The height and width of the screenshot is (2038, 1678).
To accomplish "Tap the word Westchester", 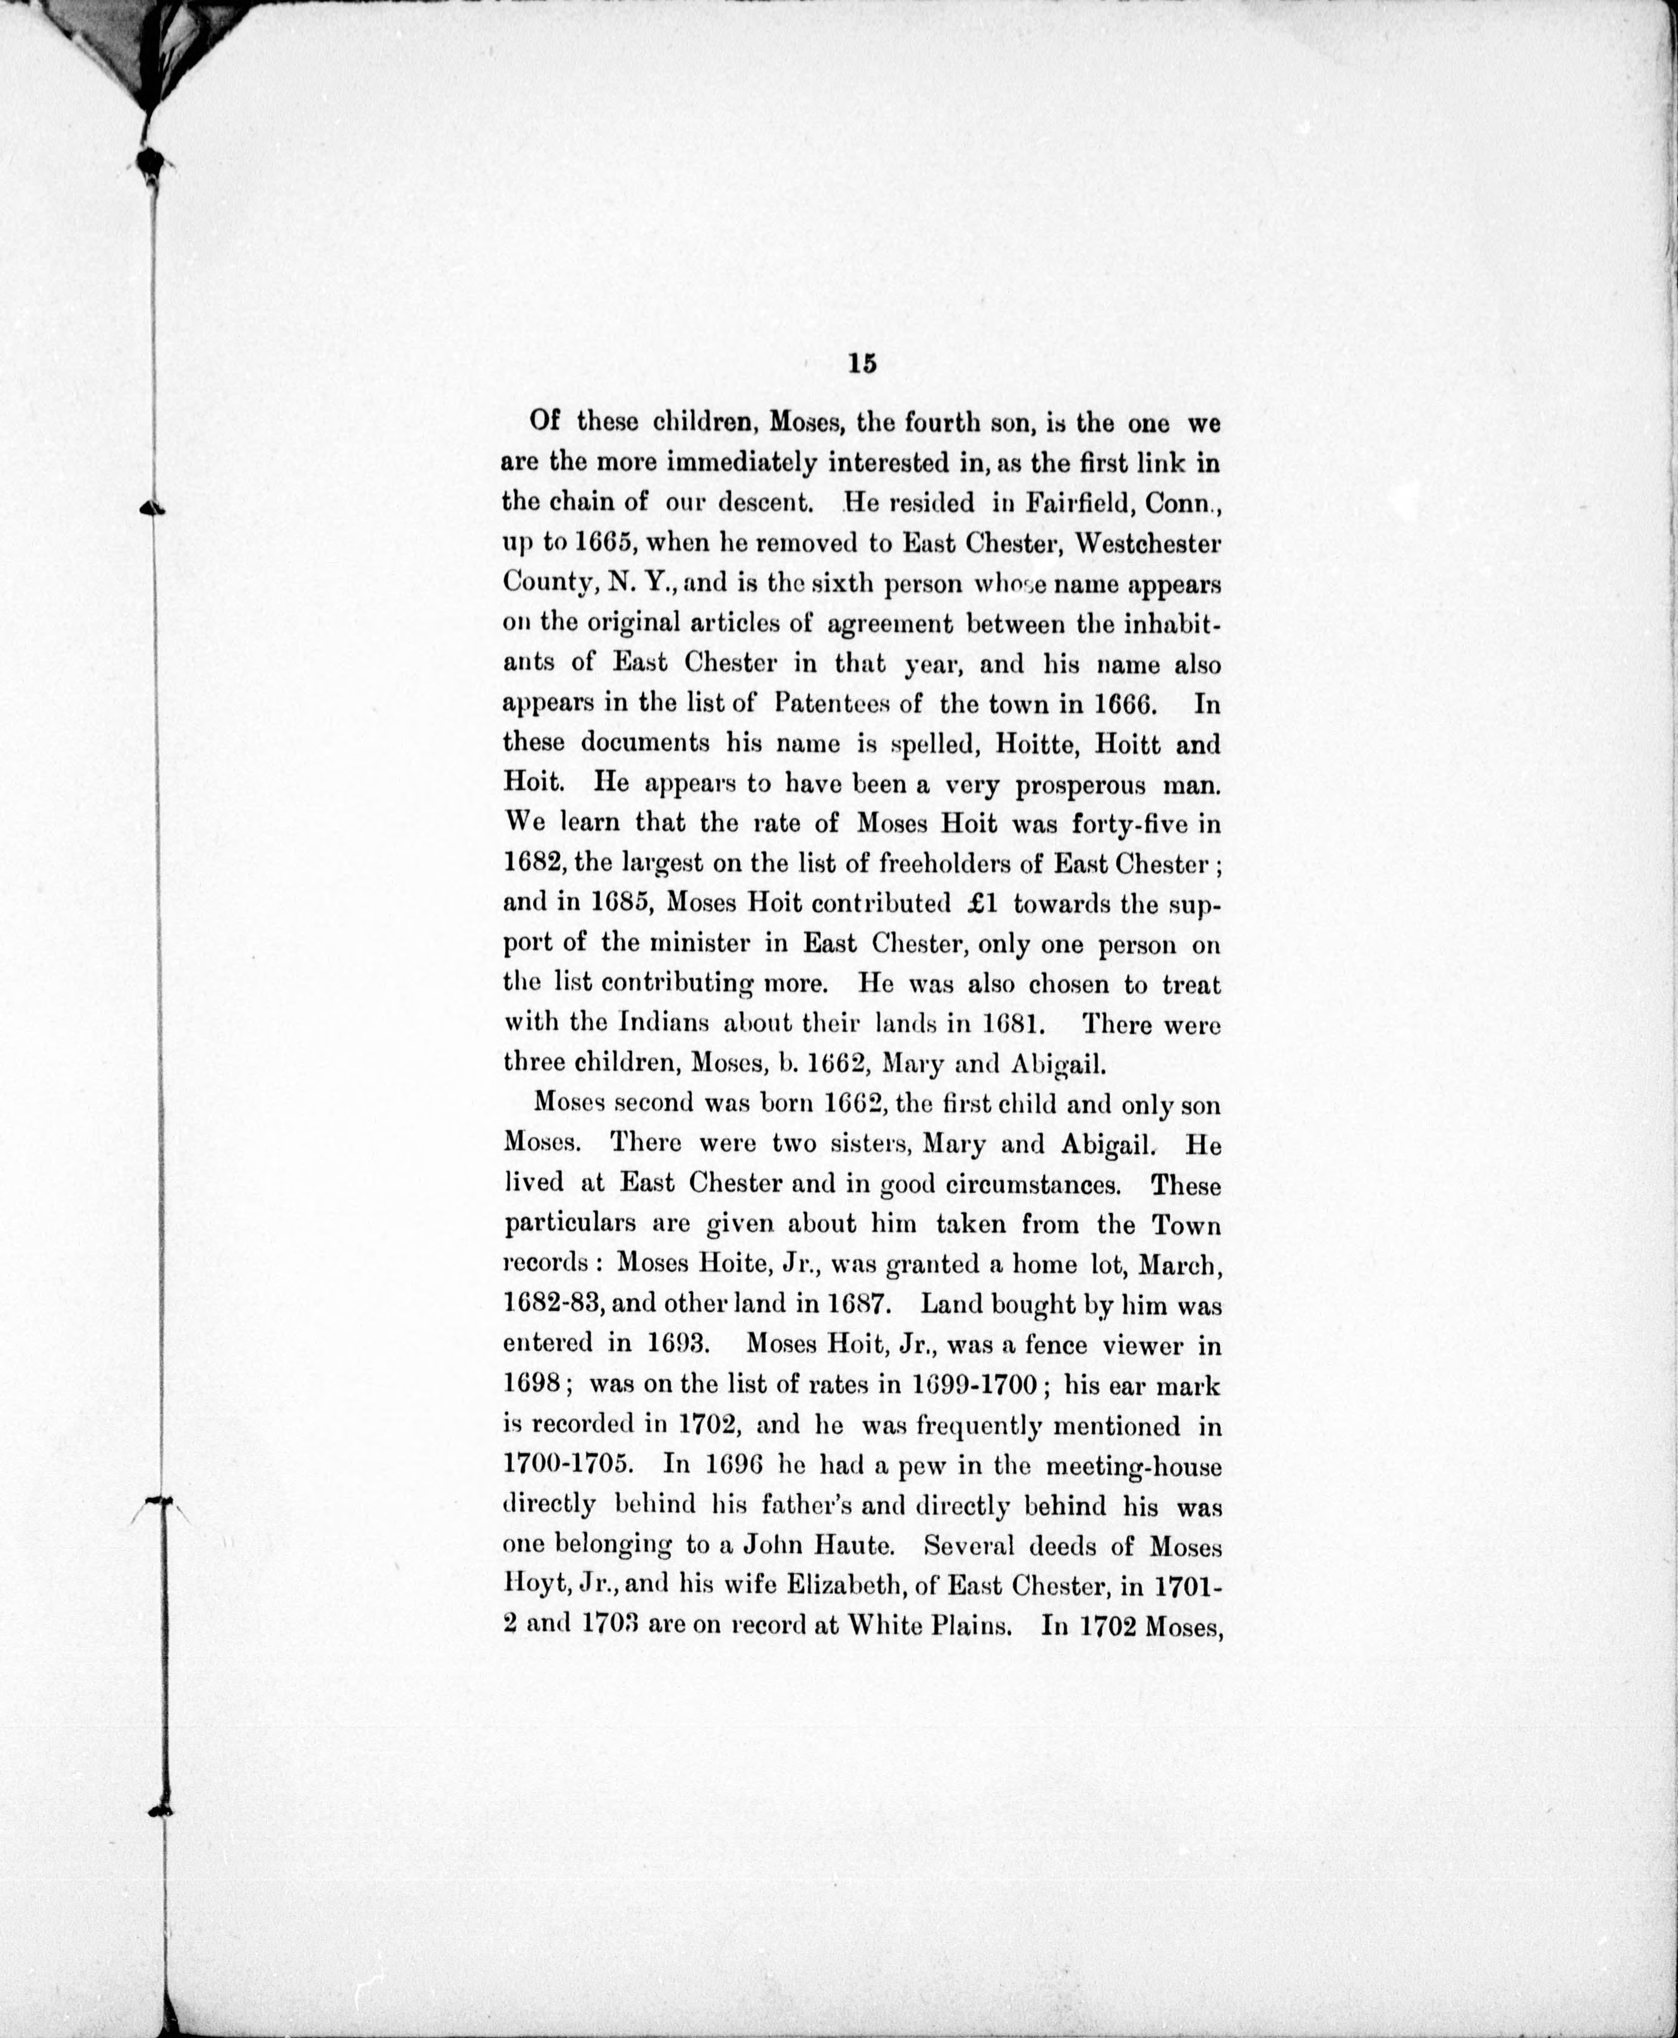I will (x=1147, y=543).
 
